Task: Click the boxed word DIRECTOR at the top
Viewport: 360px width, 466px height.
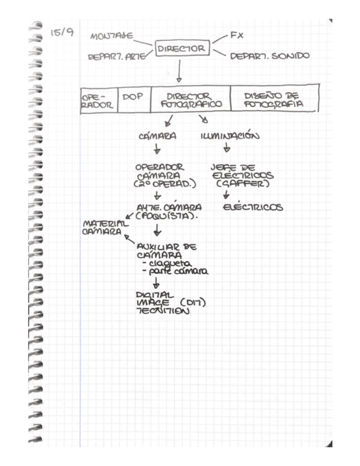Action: [181, 49]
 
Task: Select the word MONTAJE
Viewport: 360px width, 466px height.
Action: [112, 37]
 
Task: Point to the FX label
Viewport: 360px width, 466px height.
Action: [236, 35]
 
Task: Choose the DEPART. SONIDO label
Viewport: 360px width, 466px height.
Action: [269, 56]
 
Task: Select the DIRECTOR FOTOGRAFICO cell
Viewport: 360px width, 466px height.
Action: [190, 99]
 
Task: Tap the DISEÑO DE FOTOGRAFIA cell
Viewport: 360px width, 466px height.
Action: [273, 99]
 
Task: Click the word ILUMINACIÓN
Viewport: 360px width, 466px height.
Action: [227, 135]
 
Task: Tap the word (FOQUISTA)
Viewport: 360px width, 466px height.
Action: [167, 215]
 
